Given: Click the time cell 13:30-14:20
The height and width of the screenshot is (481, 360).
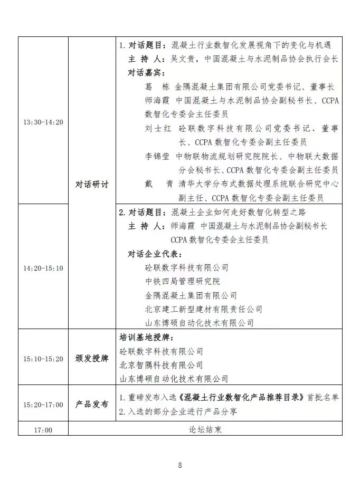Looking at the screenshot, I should pyautogui.click(x=43, y=122).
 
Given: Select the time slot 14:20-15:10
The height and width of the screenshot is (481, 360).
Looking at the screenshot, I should pyautogui.click(x=43, y=268).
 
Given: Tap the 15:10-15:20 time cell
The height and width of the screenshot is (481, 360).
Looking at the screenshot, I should pyautogui.click(x=43, y=359).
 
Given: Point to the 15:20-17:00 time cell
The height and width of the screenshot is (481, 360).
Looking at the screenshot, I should pyautogui.click(x=43, y=405).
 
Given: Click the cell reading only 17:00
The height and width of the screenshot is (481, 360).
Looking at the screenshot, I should pyautogui.click(x=43, y=430).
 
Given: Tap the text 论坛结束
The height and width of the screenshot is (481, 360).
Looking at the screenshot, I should pyautogui.click(x=206, y=430).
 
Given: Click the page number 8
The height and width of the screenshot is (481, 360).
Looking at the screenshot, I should pyautogui.click(x=180, y=465).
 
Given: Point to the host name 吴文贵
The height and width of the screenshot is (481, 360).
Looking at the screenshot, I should pyautogui.click(x=183, y=59).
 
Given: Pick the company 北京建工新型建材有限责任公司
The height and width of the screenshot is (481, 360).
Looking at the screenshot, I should pyautogui.click(x=204, y=309).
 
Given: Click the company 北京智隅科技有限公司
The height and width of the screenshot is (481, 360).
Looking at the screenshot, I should pyautogui.click(x=161, y=365).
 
